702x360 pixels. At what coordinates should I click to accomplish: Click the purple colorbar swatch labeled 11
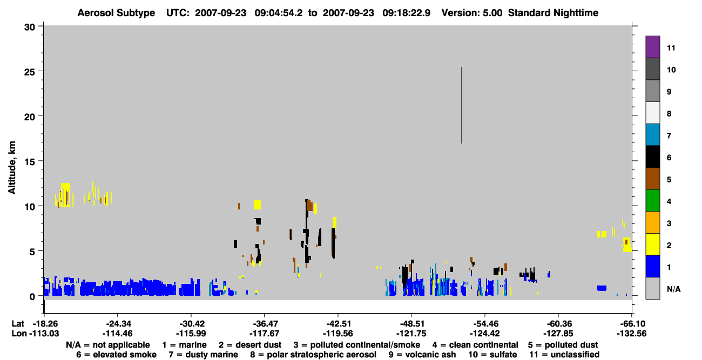click(652, 46)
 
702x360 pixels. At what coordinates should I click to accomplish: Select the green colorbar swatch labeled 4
click(652, 201)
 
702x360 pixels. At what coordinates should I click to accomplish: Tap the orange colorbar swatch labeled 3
click(652, 222)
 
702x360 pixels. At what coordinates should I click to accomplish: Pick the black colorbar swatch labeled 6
click(652, 157)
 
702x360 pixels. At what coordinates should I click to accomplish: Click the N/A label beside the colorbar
click(673, 289)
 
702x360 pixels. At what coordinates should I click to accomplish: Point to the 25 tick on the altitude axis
click(40, 71)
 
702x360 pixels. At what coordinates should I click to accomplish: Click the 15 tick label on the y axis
click(30, 161)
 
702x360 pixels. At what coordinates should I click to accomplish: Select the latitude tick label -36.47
click(265, 324)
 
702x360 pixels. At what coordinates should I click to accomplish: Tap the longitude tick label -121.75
click(411, 334)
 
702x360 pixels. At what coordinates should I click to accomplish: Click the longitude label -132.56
click(631, 334)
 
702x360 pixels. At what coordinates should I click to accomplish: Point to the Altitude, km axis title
click(12, 168)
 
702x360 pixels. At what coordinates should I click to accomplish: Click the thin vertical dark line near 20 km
click(462, 105)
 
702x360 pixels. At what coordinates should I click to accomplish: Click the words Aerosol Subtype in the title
click(116, 13)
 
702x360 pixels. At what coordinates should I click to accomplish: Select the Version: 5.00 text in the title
click(471, 13)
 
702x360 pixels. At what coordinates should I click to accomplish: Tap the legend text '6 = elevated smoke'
click(116, 355)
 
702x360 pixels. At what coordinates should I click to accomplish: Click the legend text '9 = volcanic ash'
click(422, 355)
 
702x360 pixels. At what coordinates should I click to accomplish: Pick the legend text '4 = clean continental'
click(475, 345)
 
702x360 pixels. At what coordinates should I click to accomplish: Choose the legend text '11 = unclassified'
click(564, 355)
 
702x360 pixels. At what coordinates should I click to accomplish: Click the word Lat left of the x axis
click(18, 324)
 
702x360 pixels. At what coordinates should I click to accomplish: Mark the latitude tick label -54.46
click(485, 324)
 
